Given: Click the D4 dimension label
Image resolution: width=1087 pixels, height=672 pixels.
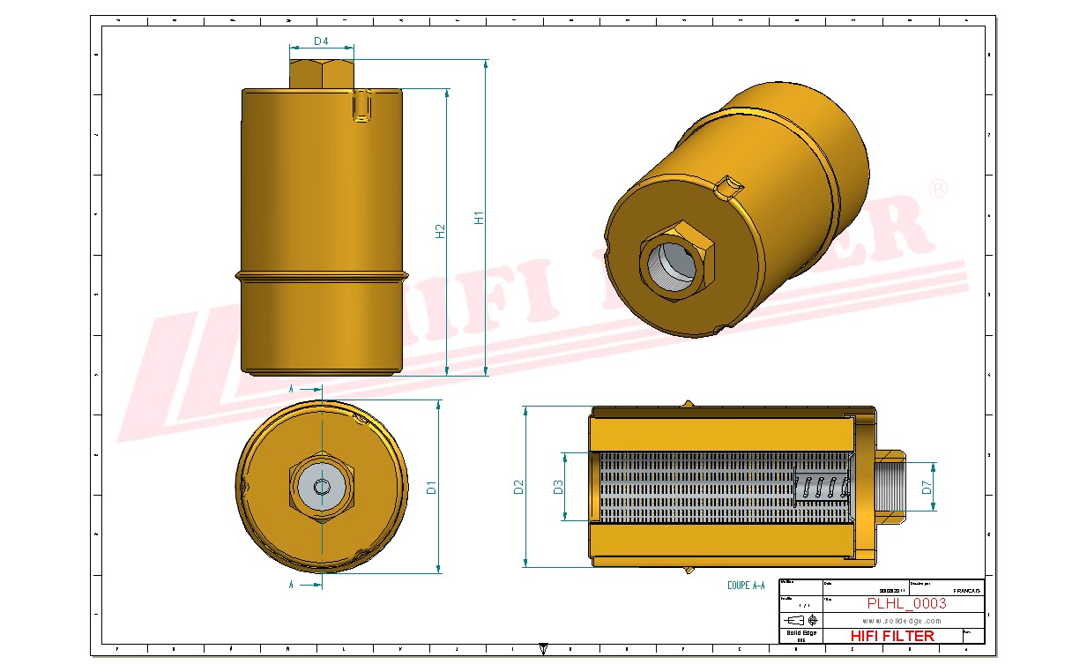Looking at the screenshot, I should (321, 41).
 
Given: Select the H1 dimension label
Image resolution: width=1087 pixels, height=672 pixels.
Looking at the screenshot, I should (479, 217).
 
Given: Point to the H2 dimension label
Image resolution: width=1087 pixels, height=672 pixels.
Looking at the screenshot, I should (440, 231).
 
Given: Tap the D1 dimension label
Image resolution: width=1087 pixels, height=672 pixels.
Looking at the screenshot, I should (431, 487).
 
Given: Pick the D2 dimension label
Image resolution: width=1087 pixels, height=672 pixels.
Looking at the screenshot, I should (518, 487).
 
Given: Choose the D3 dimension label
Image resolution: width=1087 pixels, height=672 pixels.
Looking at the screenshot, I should (557, 487).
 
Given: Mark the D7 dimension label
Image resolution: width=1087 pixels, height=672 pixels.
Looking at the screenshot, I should (927, 487).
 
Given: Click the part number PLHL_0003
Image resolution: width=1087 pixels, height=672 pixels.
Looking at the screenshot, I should (906, 603).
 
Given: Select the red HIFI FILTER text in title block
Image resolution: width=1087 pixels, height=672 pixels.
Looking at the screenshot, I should (892, 636).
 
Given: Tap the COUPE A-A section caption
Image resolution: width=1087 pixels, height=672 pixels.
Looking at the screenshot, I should (746, 585).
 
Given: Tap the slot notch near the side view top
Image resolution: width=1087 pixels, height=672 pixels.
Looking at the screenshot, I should (361, 106).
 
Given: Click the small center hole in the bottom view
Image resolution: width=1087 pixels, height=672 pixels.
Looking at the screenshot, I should (322, 487).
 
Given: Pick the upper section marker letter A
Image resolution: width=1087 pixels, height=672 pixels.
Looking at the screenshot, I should (292, 388).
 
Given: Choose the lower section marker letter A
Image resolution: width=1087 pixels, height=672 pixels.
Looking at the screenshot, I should (292, 584).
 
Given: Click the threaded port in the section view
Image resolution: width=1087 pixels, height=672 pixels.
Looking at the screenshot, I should (890, 487).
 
